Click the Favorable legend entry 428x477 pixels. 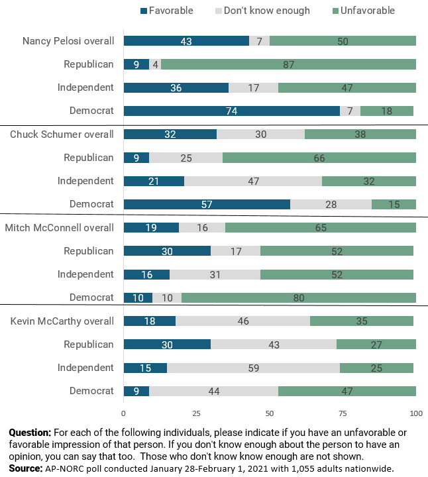click(167, 11)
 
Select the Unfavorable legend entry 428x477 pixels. click(364, 11)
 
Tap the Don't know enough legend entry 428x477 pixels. click(262, 11)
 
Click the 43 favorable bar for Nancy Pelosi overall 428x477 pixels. click(186, 41)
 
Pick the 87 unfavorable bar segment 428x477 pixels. click(288, 64)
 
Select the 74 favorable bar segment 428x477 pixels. click(232, 111)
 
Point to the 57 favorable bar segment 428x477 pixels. click(207, 204)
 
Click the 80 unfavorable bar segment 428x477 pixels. click(299, 297)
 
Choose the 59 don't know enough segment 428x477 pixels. click(253, 368)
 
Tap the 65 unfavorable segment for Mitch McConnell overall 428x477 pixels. click(321, 227)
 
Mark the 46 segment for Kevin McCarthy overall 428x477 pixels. click(243, 321)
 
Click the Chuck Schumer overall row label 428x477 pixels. click(62, 134)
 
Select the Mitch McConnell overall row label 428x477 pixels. click(60, 227)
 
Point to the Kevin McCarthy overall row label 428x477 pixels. click(62, 321)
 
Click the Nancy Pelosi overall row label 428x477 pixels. click(68, 41)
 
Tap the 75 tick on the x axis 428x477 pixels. click(343, 413)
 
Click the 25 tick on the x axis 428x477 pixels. click(197, 413)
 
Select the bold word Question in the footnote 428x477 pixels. click(30, 433)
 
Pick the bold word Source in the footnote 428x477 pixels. click(26, 468)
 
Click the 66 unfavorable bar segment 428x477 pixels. click(319, 158)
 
